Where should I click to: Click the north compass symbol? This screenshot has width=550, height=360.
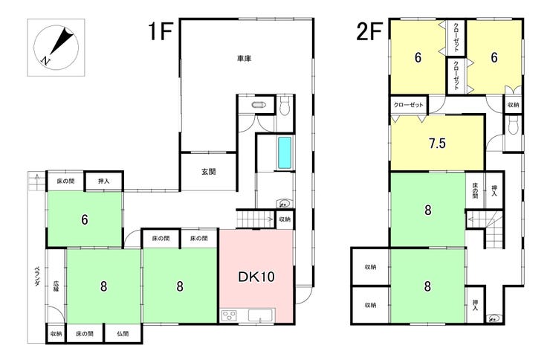click(56, 47)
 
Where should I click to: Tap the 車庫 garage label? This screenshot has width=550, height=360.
click(244, 59)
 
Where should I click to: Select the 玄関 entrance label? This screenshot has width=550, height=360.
click(208, 172)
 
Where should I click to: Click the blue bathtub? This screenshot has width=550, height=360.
click(285, 152)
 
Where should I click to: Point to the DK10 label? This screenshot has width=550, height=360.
click(256, 277)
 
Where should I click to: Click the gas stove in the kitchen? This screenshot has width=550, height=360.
click(229, 315)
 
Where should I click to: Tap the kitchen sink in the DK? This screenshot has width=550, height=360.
click(261, 315)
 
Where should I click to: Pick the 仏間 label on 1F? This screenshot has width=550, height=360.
click(123, 334)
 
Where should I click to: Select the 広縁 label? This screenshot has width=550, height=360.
click(56, 286)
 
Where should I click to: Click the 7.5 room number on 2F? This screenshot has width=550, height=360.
click(437, 143)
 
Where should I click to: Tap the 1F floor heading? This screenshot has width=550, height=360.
click(161, 31)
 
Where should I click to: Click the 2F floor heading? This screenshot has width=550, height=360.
click(369, 31)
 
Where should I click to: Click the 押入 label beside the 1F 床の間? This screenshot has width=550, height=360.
click(103, 181)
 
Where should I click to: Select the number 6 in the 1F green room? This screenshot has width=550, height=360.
click(85, 219)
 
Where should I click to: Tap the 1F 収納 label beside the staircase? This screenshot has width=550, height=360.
click(285, 219)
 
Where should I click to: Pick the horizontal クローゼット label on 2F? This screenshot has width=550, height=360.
click(408, 105)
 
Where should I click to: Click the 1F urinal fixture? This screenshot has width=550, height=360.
click(259, 105)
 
